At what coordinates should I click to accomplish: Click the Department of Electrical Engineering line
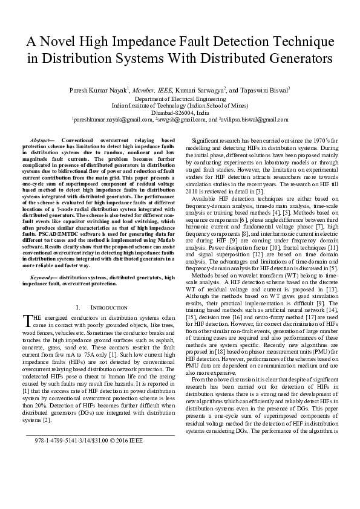tap(180, 97)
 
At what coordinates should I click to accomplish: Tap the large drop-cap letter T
tap(26, 320)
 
